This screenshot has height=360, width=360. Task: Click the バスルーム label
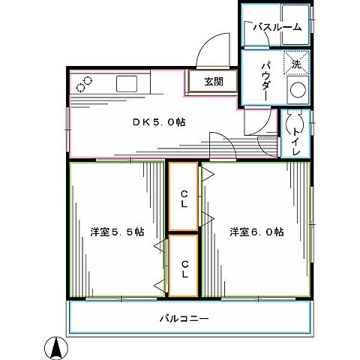click(277, 27)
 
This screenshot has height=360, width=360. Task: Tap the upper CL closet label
click(184, 196)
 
